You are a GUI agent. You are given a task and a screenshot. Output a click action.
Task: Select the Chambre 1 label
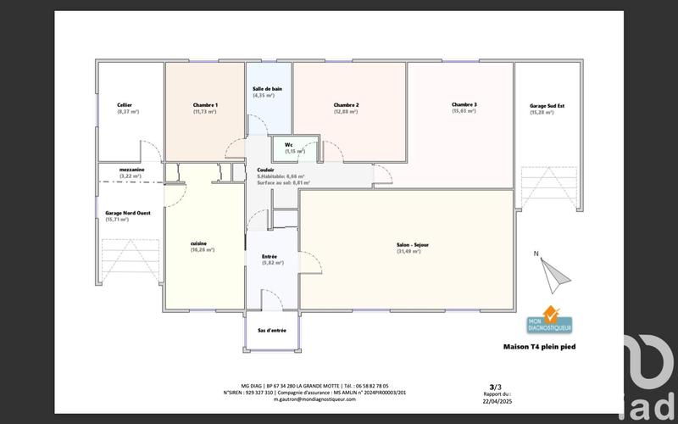205,105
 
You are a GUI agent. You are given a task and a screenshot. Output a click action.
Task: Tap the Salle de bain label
267,89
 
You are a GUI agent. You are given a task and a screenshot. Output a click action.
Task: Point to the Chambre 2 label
346,105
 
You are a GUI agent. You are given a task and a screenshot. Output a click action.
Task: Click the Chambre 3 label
464,105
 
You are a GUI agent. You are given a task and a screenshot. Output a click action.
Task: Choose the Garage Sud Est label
542,106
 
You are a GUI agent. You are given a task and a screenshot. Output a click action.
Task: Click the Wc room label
289,145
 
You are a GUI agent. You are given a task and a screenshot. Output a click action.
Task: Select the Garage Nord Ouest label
128,213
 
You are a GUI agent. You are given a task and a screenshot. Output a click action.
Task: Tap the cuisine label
199,243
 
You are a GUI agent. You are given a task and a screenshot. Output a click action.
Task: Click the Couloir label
265,170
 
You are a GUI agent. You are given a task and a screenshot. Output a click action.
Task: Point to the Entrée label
270,256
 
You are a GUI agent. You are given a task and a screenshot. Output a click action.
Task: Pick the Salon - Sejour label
413,244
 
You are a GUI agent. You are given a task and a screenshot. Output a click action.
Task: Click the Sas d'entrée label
271,331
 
